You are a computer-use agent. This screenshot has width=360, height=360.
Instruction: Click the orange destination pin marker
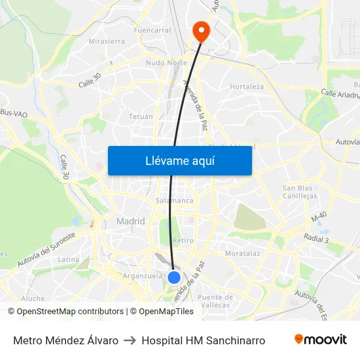pos(200,31)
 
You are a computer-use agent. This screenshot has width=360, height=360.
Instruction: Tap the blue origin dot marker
pos(174,278)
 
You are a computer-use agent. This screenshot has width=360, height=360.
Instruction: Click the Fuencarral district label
pos(152,30)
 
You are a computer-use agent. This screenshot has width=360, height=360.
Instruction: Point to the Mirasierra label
pos(107,41)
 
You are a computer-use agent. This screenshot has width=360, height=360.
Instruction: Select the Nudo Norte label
pos(166,63)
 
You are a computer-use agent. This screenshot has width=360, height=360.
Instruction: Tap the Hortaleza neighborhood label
pos(247,86)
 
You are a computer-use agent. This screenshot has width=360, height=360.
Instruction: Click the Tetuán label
pos(141,117)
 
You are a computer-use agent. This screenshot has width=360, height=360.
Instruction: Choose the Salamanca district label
pos(175,200)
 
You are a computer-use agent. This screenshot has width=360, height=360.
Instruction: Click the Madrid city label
pos(130,221)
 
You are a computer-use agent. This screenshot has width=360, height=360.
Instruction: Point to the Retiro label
pos(183,240)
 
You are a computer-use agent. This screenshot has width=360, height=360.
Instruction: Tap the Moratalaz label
pos(242,253)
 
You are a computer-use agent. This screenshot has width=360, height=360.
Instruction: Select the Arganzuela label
pos(142,276)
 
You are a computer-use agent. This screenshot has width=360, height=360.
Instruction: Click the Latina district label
pos(69,259)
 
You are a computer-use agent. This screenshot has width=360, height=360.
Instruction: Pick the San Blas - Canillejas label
pos(300,192)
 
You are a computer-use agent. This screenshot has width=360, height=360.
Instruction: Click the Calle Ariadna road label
pos(340,94)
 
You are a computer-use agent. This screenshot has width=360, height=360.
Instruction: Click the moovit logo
pos(320,340)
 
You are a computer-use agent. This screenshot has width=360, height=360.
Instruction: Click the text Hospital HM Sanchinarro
pos(203,340)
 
